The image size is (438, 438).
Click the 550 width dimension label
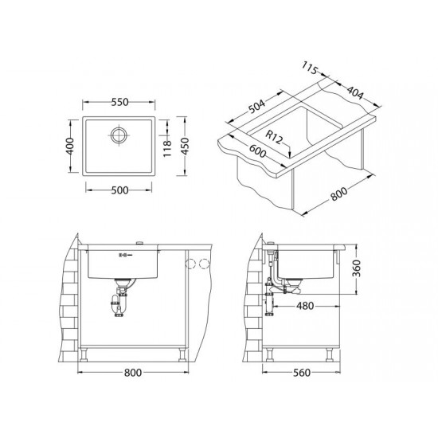[x=119, y=102]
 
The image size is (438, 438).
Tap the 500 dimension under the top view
[x=119, y=190]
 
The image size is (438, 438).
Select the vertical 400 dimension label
[x=70, y=146]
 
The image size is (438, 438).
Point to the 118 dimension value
[x=167, y=148]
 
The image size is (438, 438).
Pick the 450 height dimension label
[x=185, y=146]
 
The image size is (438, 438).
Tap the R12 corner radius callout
[x=274, y=137]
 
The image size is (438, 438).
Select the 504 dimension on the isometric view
[x=256, y=107]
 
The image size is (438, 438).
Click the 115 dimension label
[x=310, y=68]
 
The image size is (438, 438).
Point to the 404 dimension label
[x=355, y=92]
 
